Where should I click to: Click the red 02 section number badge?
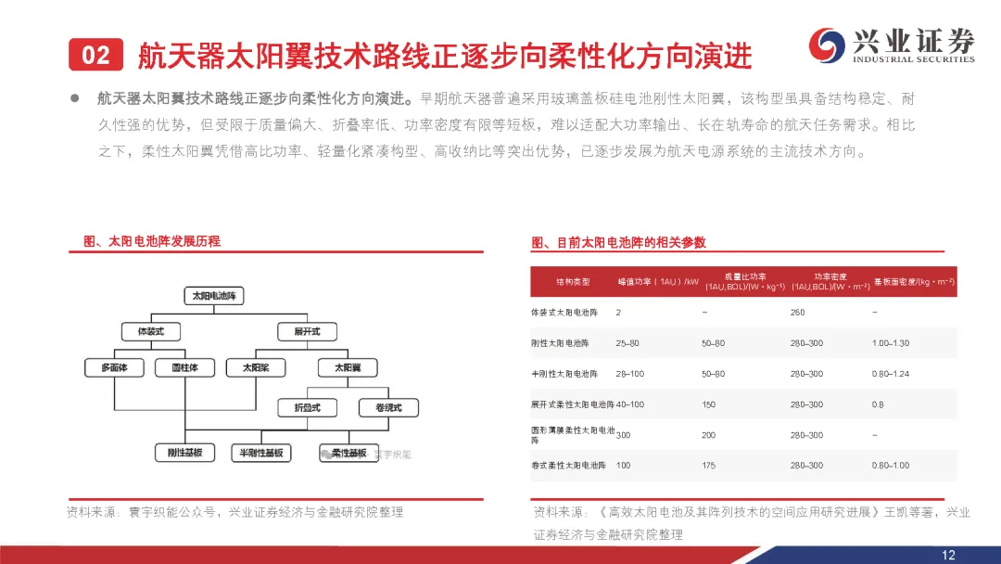click(x=95, y=56)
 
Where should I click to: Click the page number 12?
click(x=948, y=555)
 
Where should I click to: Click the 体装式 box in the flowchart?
click(x=150, y=331)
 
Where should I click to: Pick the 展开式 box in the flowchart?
click(x=299, y=331)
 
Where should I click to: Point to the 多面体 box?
click(x=114, y=367)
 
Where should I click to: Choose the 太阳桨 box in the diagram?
click(x=257, y=367)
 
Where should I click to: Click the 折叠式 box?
click(x=308, y=407)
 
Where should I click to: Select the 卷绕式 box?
click(x=387, y=407)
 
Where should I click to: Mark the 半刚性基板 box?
click(x=260, y=453)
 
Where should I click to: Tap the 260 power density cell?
click(x=797, y=313)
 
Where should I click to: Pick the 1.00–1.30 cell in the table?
click(x=891, y=343)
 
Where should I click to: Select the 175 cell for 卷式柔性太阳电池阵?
click(x=709, y=465)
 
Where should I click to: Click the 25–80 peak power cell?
click(x=627, y=343)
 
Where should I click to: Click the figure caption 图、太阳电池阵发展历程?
click(x=152, y=241)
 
